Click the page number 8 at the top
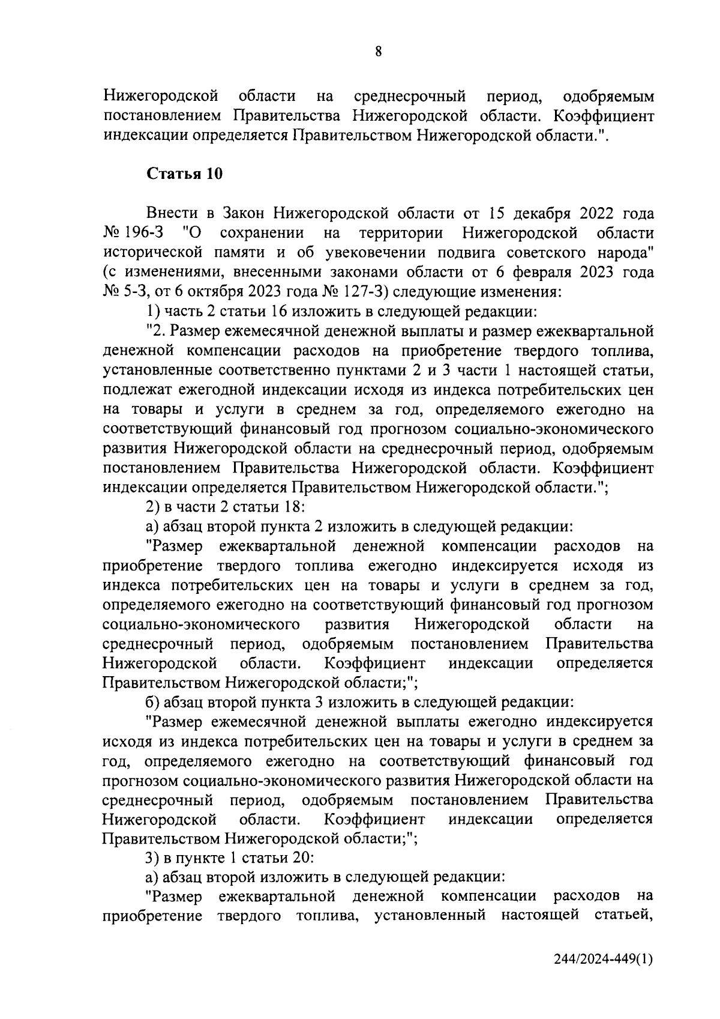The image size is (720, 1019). [378, 52]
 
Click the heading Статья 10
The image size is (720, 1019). [185, 174]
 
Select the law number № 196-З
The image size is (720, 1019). [136, 232]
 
